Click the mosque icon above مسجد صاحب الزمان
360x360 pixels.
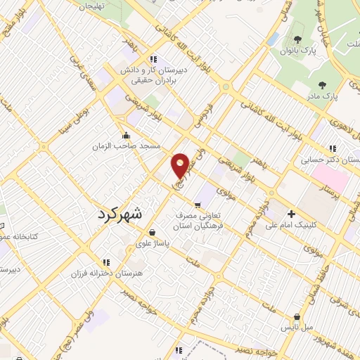126,136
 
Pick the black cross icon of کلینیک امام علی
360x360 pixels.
292,214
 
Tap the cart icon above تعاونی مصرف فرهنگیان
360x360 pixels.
198,205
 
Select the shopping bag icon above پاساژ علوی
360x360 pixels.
153,231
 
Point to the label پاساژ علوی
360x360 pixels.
153,241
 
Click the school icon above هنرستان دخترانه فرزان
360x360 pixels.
106,262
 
